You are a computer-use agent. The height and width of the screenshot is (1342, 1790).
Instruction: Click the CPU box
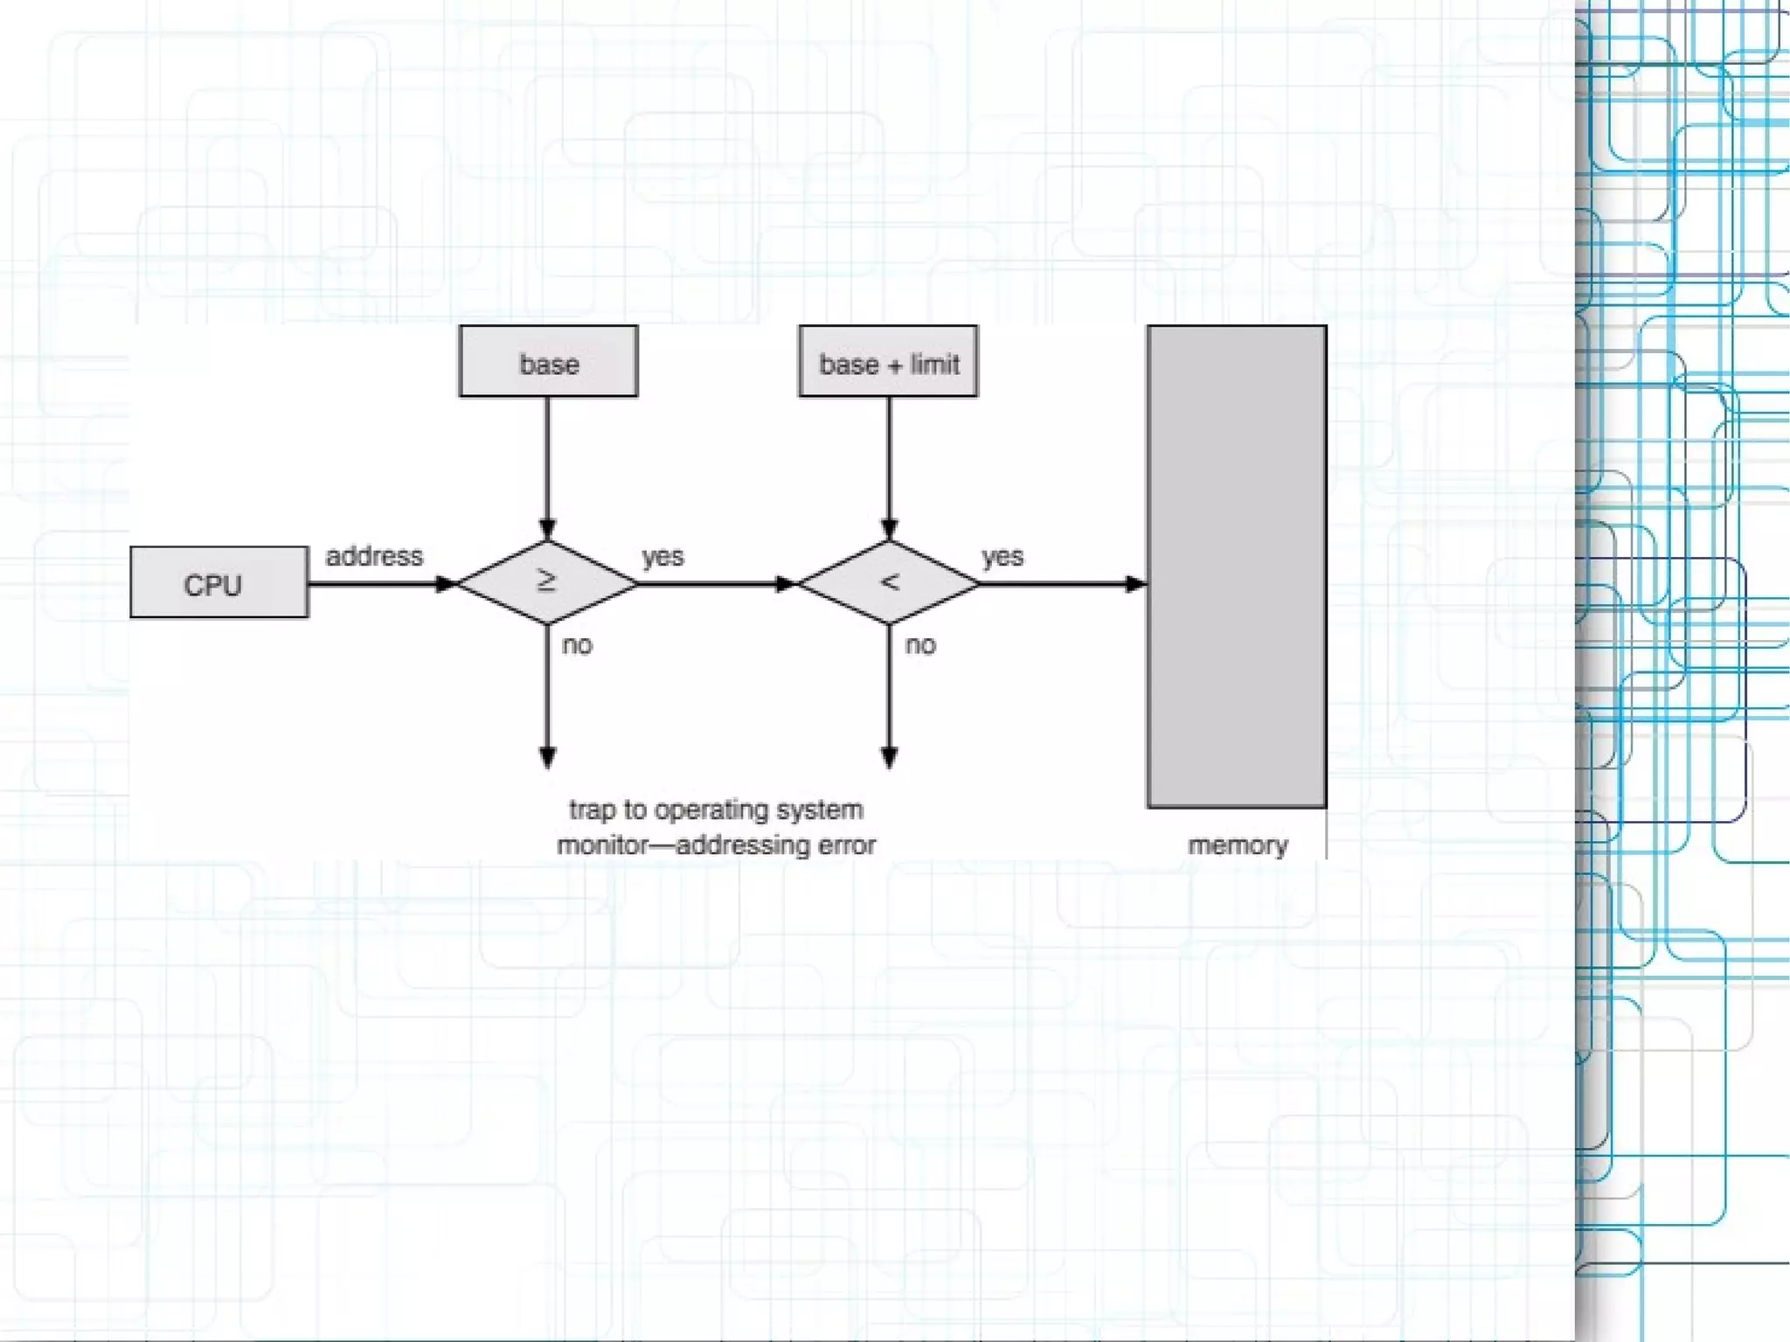pyautogui.click(x=219, y=582)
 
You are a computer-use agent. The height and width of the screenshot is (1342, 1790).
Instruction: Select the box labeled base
pyautogui.click(x=548, y=361)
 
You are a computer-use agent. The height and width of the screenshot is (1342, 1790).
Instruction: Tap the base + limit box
pyautogui.click(x=888, y=361)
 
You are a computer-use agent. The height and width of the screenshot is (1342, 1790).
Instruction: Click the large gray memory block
pyautogui.click(x=1236, y=567)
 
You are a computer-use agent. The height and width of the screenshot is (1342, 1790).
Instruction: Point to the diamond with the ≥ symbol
pyautogui.click(x=547, y=582)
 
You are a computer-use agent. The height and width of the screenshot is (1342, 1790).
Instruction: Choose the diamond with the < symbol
pyautogui.click(x=889, y=582)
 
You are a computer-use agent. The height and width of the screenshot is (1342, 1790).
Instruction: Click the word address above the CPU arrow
pyautogui.click(x=374, y=556)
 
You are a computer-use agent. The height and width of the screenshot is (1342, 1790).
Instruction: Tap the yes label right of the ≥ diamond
pyautogui.click(x=663, y=556)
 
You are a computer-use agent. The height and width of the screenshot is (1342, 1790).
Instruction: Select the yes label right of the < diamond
pyautogui.click(x=1002, y=556)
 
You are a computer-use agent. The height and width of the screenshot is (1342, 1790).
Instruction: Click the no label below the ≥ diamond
pyautogui.click(x=577, y=645)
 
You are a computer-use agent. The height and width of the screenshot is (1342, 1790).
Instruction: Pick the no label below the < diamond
pyautogui.click(x=919, y=645)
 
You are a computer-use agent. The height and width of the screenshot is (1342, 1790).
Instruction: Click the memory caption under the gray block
pyautogui.click(x=1237, y=845)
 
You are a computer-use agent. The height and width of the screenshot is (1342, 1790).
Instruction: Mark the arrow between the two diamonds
pyautogui.click(x=717, y=583)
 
